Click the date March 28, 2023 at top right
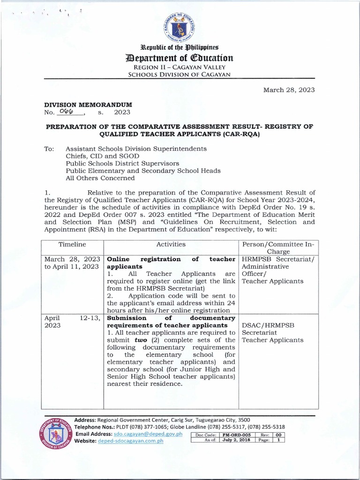[288, 90]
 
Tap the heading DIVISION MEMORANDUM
[88, 105]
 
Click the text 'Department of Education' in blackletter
[180, 58]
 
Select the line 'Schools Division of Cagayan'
[180, 75]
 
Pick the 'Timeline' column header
[72, 244]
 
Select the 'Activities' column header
[171, 244]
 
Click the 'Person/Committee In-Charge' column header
[278, 247]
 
